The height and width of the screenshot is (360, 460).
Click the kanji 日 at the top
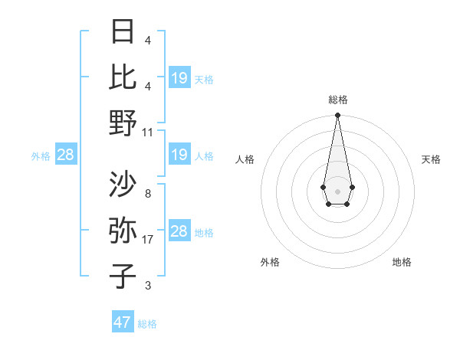point(123,32)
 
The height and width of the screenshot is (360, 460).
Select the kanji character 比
point(123,77)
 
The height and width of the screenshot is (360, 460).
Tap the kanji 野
point(123,123)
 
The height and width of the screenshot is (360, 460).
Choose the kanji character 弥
point(123,231)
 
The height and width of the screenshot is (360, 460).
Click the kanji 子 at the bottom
point(123,277)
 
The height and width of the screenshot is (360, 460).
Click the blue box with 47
point(123,322)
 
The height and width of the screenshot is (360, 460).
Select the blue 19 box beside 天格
point(179,78)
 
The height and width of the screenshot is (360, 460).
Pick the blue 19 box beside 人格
point(179,155)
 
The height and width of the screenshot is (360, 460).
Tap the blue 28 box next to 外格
point(65,155)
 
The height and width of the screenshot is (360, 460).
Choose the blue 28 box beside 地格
point(179,232)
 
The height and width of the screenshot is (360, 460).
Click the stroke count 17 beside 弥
point(149,240)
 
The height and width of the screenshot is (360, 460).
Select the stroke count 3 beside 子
point(147,286)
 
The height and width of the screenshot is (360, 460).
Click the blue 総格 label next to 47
point(147,324)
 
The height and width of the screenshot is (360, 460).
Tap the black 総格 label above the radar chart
point(337,100)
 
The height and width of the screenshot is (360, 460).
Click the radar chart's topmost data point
point(337,116)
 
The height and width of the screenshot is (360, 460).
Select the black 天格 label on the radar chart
point(432,159)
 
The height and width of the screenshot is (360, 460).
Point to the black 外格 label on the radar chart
point(270,262)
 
